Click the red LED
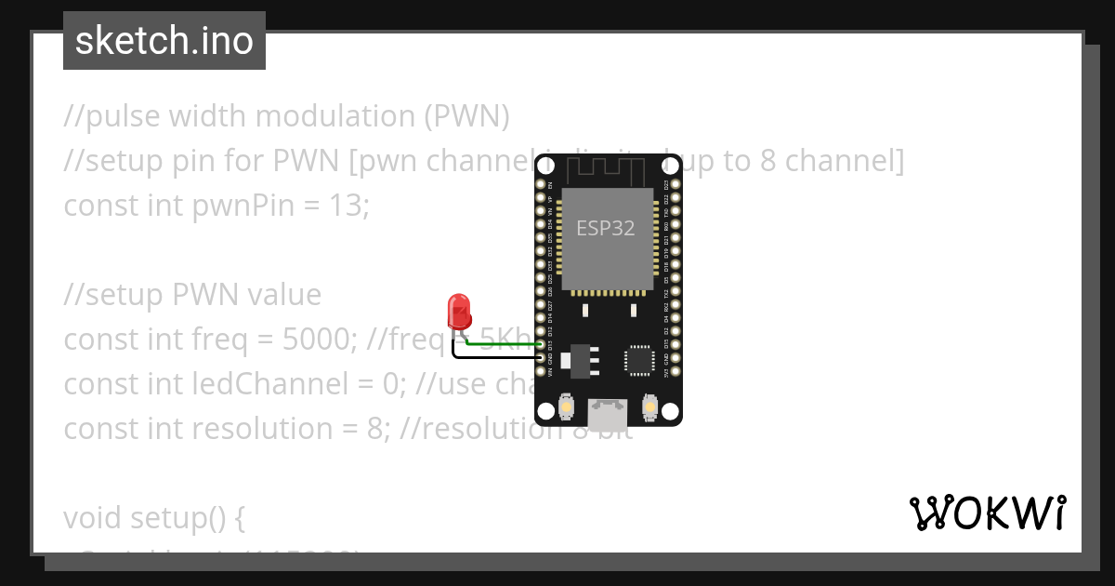[458, 310]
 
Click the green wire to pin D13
[502, 344]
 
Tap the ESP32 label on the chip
[606, 228]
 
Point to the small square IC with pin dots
[640, 361]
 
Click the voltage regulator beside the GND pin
[579, 359]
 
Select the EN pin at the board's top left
[541, 185]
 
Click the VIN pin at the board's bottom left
[541, 371]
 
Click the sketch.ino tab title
[164, 41]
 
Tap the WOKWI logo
[987, 513]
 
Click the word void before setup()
[93, 518]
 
